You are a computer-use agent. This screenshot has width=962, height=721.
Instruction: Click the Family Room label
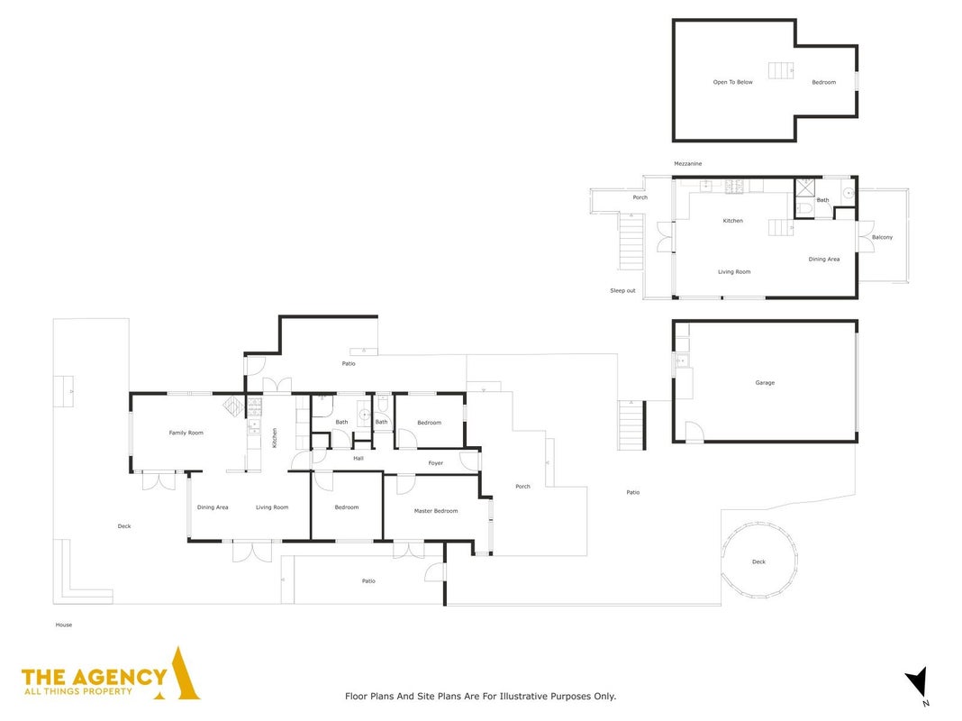pos(186,433)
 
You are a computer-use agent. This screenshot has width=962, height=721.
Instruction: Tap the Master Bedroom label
pos(436,510)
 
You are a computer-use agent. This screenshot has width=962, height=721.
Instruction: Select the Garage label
pos(765,382)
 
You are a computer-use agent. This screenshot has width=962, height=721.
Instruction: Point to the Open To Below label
pos(732,82)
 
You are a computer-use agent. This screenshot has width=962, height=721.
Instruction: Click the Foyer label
pos(436,462)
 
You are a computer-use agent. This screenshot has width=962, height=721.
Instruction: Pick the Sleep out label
pos(622,290)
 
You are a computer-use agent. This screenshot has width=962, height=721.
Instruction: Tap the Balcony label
pos(882,237)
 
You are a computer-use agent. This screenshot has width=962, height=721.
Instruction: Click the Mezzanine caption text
pos(688,164)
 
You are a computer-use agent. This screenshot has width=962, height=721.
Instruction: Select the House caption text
pos(64,625)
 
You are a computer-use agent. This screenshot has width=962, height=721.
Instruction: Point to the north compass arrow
pos(917,681)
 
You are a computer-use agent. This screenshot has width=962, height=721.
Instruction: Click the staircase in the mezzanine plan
pos(780,70)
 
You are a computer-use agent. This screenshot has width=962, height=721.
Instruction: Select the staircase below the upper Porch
pos(631,242)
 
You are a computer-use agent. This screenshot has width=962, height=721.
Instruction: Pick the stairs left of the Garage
pos(632,424)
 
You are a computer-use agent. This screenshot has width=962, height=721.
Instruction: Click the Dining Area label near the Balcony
pos(823,259)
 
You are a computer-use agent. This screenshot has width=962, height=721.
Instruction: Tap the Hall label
pos(358,459)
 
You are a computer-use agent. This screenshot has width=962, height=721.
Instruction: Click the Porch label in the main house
pos(522,486)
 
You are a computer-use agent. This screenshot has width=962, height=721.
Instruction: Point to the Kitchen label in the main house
pos(274,437)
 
